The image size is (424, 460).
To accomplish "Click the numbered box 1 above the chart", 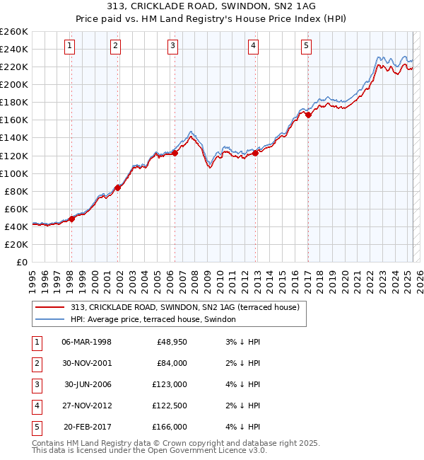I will pos(71,47).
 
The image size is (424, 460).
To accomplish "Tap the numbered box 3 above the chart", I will pos(173,47).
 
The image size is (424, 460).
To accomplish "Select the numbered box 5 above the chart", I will pos(307,47).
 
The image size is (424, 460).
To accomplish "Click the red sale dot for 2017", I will pos(308,114).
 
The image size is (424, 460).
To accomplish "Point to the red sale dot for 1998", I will pos(71,219).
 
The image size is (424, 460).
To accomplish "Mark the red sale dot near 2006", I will pos(175,153).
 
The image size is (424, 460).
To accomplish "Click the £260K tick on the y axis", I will pos(13,31).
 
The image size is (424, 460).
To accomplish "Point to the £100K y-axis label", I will pos(13,173).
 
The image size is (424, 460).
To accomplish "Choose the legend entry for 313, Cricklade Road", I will pos(185,307).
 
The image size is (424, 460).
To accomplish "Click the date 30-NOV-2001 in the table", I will pos(87,363).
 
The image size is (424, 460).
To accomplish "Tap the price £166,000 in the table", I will pos(170,427).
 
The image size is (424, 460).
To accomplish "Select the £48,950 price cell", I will pos(170,342).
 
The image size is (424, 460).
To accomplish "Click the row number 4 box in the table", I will pos(35,406).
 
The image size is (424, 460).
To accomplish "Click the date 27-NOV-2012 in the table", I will pos(87,406).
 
